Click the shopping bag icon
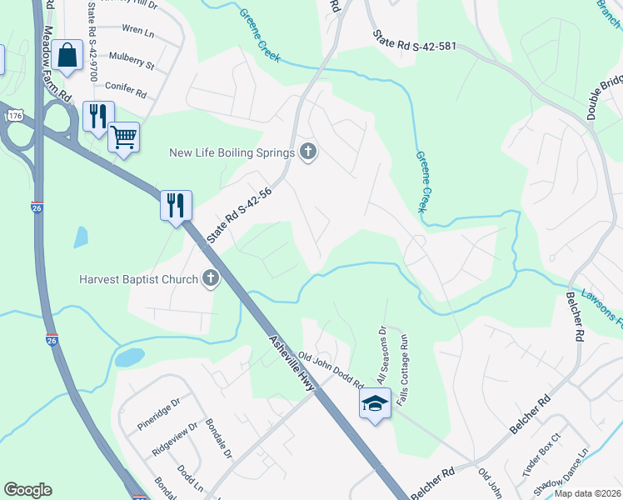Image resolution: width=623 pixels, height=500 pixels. click(x=67, y=56)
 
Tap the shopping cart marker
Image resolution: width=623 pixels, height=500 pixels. click(x=123, y=136)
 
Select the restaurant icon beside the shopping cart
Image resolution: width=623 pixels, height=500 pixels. click(x=98, y=117)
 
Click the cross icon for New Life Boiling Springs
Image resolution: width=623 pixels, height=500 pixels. click(x=309, y=152)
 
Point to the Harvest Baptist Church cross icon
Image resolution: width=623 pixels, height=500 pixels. click(x=211, y=279)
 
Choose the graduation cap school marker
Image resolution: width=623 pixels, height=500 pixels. click(x=375, y=404)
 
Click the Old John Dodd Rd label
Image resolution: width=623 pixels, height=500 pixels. click(x=331, y=372)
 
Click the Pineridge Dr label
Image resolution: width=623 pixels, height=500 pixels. click(x=158, y=415)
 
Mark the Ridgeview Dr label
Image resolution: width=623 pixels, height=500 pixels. click(x=174, y=439)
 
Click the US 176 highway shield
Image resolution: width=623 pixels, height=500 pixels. click(x=13, y=116)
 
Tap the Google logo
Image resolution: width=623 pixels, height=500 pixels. click(x=27, y=490)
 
